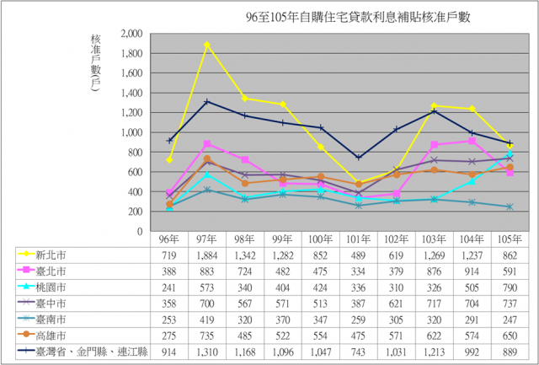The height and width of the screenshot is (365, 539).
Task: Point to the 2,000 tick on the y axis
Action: [130, 34]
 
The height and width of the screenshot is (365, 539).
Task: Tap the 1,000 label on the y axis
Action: [130, 132]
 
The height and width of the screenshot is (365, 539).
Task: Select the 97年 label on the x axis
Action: [206, 239]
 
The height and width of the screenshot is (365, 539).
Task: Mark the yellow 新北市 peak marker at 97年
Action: [207, 44]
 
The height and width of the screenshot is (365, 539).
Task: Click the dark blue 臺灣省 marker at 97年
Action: [207, 101]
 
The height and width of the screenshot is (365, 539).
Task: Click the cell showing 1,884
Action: [207, 254]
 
